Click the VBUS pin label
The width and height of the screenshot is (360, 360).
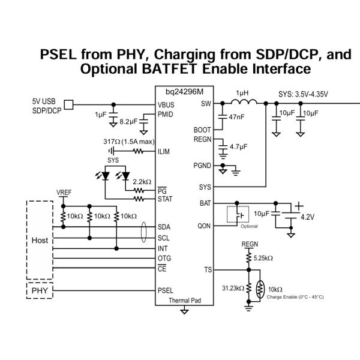coord(166,104)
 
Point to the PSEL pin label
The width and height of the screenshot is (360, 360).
coord(166,290)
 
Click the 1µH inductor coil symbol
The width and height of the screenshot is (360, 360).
coord(242,103)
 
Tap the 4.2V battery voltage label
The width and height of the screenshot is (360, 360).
coord(308,216)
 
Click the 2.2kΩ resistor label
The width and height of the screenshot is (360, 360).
coord(142,181)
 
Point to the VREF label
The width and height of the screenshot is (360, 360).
coord(64,192)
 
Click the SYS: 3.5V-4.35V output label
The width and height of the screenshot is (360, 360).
coord(303,94)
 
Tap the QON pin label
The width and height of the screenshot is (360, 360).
coord(205,227)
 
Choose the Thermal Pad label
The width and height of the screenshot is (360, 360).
coord(184,300)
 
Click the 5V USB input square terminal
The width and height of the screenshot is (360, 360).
coord(68,105)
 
